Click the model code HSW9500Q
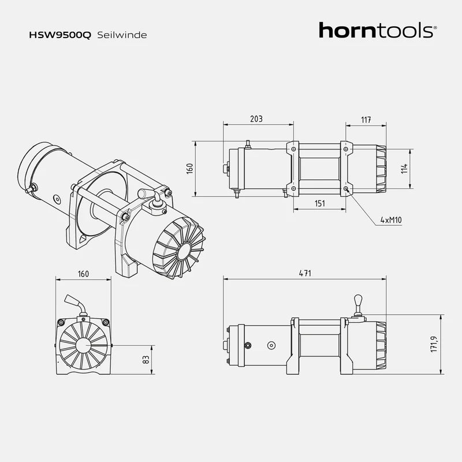click(59, 35)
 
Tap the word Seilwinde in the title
click(122, 35)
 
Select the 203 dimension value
click(256, 119)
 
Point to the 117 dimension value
click(366, 120)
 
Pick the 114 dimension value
click(405, 168)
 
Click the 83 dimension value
click(146, 359)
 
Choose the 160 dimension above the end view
click(83, 274)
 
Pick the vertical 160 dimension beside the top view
click(189, 169)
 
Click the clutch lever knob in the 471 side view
click(357, 300)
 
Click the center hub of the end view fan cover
click(83, 345)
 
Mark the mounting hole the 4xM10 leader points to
click(345, 189)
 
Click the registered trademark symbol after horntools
click(435, 27)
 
